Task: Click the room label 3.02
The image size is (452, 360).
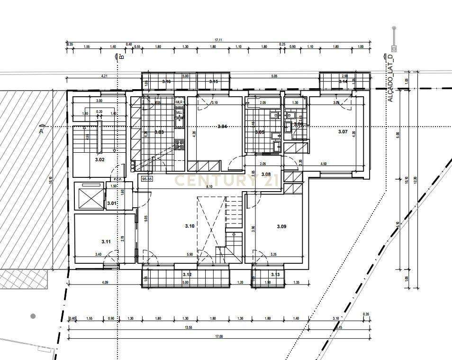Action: (99, 160)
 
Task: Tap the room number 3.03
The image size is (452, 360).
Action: (159, 132)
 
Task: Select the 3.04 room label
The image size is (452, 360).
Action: (222, 126)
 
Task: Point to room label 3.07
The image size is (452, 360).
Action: (343, 131)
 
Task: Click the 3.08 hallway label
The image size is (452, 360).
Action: (266, 175)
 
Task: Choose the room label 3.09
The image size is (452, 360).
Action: (281, 226)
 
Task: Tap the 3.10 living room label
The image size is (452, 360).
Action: (190, 226)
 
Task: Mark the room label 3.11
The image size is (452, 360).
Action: (106, 241)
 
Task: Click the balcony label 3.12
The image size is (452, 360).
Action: (187, 275)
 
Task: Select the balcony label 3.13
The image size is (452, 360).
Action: (275, 275)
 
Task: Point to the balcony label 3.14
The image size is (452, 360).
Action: (343, 82)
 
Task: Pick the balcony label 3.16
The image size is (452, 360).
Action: (166, 82)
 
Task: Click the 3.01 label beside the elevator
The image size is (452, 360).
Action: (112, 203)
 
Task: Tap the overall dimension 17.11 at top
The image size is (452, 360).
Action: (218, 40)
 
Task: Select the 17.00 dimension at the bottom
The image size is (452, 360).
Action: (219, 336)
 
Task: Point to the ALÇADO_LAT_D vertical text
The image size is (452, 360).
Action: (390, 77)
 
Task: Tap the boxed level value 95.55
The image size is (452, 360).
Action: (146, 179)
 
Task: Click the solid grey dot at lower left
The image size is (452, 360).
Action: (33, 316)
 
